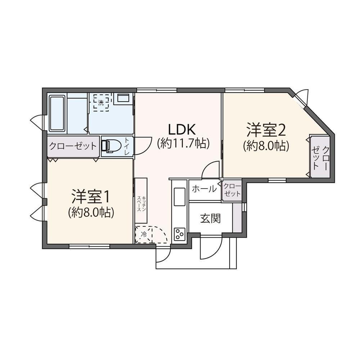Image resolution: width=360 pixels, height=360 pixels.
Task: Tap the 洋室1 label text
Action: [90, 197]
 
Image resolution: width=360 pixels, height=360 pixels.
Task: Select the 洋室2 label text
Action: [266, 130]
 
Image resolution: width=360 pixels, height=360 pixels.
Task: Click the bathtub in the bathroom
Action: [57, 113]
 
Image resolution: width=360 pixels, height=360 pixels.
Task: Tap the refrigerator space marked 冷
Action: [144, 234]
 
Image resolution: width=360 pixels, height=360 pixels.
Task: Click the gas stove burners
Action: [179, 234]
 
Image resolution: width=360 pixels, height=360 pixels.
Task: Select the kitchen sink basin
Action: [179, 197]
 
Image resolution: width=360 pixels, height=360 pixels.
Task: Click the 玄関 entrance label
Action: [210, 218]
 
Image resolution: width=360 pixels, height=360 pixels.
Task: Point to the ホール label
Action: [204, 189]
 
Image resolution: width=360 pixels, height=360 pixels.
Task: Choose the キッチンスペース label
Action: [141, 204]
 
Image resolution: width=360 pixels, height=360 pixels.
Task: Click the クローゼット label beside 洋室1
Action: [73, 146]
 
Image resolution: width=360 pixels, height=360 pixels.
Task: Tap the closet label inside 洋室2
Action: [320, 157]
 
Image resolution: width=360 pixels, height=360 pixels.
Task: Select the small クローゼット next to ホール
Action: [231, 190]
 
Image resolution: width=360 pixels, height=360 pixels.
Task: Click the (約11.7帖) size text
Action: [183, 144]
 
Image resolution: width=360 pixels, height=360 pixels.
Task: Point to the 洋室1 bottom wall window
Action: [89, 246]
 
